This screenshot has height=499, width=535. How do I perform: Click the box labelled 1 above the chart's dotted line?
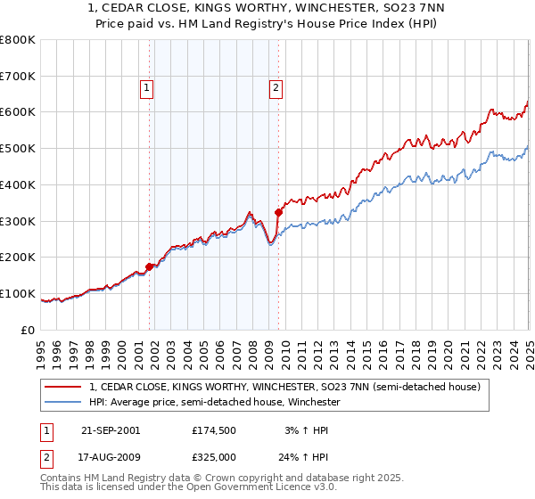click(x=146, y=87)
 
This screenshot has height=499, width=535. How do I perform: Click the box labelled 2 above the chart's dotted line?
click(x=276, y=87)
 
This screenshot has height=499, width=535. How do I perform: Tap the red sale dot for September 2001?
click(x=149, y=266)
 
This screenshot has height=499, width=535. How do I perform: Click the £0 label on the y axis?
click(x=27, y=330)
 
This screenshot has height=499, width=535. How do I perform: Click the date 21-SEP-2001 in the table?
click(x=111, y=430)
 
